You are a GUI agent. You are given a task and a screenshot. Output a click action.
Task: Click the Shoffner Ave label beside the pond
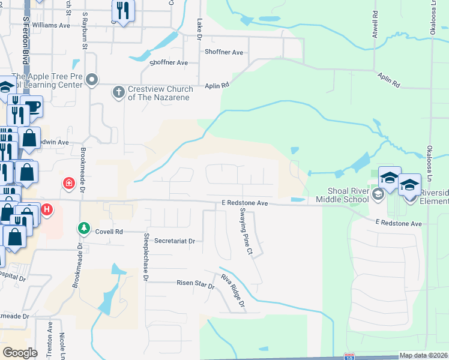169,62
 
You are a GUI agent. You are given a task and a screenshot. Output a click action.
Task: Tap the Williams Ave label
52,25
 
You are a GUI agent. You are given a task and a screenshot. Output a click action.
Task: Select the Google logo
20,353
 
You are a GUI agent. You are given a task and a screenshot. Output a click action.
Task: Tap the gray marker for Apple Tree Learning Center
91,79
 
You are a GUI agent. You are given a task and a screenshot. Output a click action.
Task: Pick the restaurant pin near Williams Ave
123,10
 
